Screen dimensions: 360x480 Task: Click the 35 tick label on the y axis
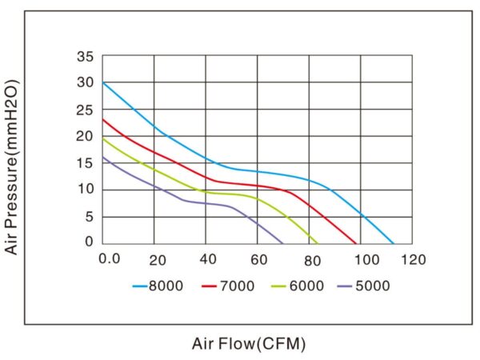(x=86, y=57)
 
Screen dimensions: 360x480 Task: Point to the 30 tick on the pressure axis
(x=86, y=83)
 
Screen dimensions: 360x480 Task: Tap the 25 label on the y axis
(x=86, y=110)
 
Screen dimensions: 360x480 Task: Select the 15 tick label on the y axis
(x=86, y=163)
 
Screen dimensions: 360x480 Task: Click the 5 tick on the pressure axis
(x=90, y=216)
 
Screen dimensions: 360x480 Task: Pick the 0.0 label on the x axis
(x=109, y=258)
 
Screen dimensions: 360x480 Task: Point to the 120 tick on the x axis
(x=414, y=258)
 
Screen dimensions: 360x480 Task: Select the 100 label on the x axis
(x=365, y=258)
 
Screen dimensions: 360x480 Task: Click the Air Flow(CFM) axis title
(x=249, y=344)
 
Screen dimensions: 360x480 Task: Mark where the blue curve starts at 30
(x=102, y=83)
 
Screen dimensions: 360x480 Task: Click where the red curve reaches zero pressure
(x=356, y=243)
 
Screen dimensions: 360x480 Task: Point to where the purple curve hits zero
(x=283, y=243)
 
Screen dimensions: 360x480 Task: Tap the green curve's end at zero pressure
(x=318, y=243)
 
